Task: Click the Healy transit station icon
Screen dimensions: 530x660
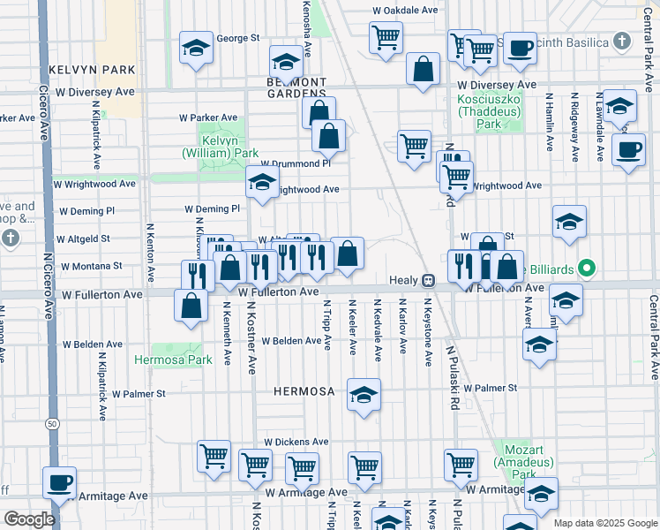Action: pyautogui.click(x=427, y=280)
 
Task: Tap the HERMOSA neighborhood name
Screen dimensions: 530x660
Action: pyautogui.click(x=304, y=391)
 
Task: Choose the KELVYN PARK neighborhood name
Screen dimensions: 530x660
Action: pyautogui.click(x=92, y=69)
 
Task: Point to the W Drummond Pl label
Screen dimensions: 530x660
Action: pyautogui.click(x=295, y=164)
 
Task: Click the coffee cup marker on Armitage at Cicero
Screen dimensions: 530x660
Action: pyautogui.click(x=60, y=482)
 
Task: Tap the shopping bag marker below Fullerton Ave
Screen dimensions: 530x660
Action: pyautogui.click(x=191, y=307)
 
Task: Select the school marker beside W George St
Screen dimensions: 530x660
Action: pyautogui.click(x=196, y=48)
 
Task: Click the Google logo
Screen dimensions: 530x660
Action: pyautogui.click(x=29, y=519)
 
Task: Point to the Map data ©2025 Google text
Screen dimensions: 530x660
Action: pyautogui.click(x=605, y=522)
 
